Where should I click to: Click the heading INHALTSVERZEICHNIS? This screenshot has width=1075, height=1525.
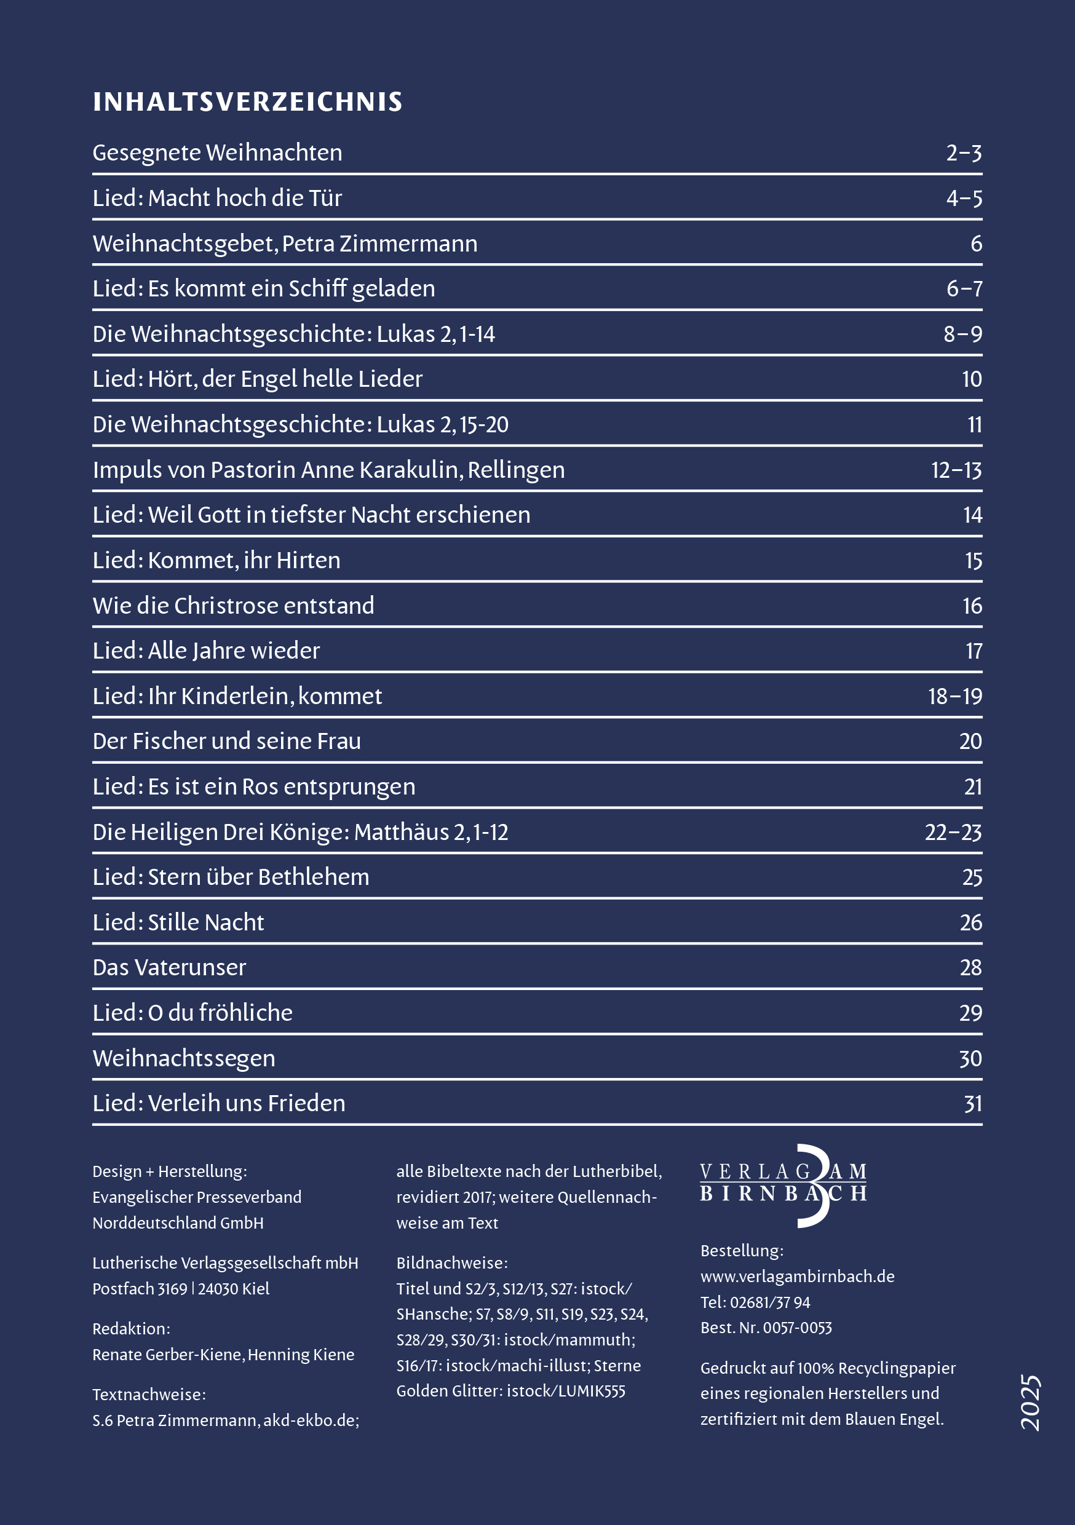[247, 102]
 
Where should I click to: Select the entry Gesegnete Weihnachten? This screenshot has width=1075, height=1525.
[217, 152]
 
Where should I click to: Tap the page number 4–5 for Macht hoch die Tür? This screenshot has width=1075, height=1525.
[964, 198]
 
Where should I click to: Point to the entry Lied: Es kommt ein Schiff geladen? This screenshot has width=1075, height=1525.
[264, 289]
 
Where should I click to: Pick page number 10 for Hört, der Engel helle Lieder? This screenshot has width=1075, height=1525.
[971, 379]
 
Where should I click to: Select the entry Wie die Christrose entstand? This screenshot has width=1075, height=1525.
[233, 606]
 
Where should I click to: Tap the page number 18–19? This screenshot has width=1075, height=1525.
[954, 696]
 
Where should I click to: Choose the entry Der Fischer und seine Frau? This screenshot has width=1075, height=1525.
[226, 741]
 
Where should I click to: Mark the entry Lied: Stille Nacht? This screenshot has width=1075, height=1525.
[178, 922]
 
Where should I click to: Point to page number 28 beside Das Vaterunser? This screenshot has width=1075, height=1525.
[970, 968]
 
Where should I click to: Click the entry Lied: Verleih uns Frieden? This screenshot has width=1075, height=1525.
[218, 1103]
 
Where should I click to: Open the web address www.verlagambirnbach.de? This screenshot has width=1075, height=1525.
[797, 1277]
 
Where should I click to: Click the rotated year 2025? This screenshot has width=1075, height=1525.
[1031, 1403]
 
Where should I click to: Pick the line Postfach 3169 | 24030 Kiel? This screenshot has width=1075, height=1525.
[181, 1288]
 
